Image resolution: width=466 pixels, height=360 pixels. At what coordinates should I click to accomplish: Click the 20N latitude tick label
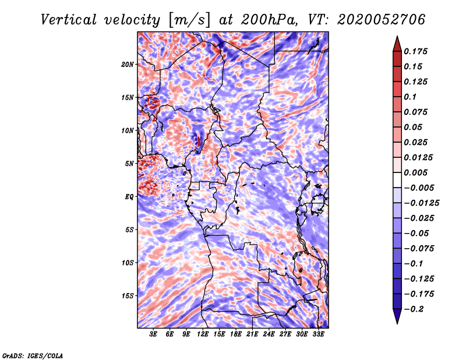127,65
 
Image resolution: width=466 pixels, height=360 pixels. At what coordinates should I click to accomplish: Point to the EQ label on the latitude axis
129,197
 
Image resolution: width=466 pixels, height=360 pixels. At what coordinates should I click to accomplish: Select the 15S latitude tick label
128,296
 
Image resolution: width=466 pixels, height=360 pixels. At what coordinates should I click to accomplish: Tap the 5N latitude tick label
129,164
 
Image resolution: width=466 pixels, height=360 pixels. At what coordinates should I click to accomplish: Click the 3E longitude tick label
153,334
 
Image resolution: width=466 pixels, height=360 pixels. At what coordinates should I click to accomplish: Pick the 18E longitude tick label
236,334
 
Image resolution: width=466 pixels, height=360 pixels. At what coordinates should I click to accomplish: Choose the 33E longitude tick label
318,334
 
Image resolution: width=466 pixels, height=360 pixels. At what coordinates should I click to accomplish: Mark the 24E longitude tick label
269,334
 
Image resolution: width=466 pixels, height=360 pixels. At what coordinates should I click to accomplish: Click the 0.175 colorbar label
415,51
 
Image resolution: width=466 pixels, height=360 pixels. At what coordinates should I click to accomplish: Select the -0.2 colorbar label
414,309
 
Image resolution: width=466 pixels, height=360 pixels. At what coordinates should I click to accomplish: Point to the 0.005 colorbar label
415,172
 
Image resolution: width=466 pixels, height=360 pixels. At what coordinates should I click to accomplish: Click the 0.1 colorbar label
410,97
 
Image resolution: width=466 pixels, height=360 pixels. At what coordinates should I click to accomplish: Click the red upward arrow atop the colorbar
397,44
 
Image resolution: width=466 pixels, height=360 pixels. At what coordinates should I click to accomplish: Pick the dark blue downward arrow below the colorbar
397,316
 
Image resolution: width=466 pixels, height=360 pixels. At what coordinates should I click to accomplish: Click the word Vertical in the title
69,20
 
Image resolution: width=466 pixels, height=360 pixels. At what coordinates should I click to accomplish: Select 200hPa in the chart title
269,20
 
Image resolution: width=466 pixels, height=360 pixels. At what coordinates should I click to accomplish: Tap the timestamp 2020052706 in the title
382,20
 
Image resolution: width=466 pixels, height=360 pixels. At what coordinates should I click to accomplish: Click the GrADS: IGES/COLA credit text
33,355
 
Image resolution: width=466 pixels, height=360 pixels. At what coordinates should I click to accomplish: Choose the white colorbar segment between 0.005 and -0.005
397,180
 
